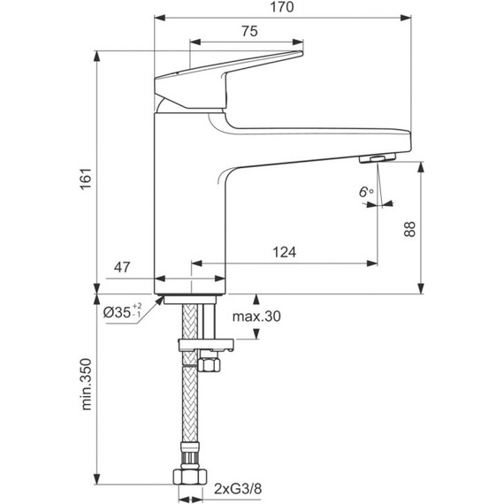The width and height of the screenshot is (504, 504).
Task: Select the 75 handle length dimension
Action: pos(248,31)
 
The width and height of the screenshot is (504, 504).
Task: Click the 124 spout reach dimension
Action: pos(284,252)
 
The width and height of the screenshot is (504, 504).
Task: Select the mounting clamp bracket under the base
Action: pos(203,344)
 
